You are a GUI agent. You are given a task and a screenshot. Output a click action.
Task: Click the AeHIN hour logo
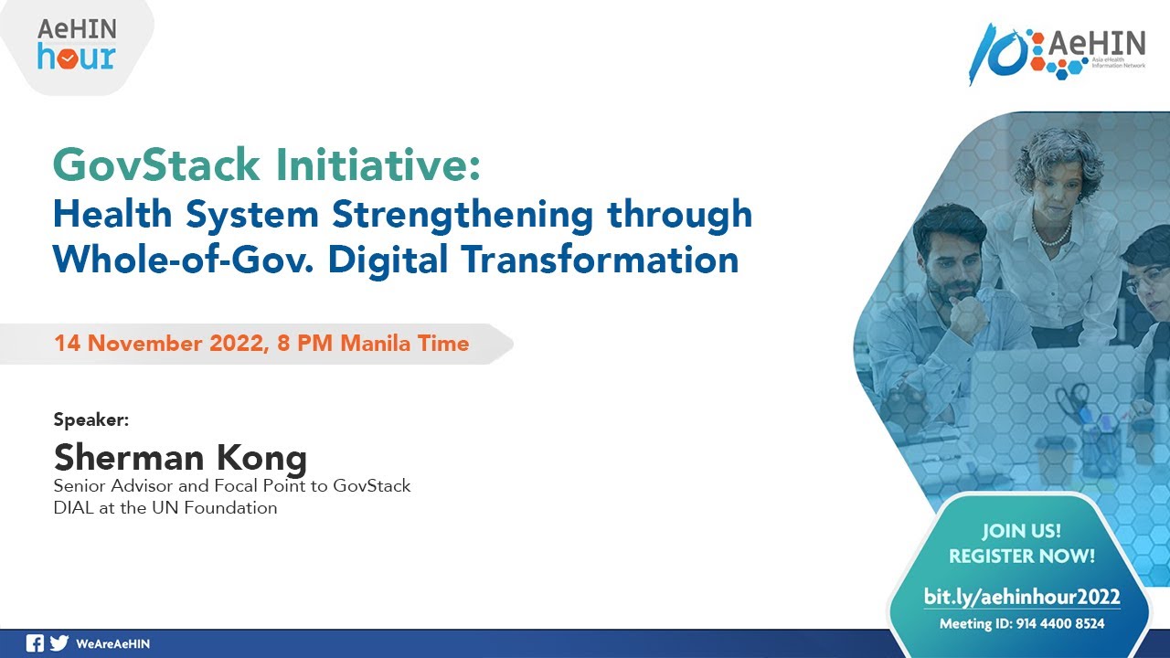click(76, 45)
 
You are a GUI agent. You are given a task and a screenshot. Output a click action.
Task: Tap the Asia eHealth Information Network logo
click(1058, 53)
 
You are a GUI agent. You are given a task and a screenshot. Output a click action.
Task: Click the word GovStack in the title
click(156, 165)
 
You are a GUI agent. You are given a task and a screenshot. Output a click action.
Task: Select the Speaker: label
click(91, 419)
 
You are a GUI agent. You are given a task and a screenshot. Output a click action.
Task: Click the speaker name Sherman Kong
click(180, 456)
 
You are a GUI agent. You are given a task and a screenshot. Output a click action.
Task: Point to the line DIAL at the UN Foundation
click(165, 508)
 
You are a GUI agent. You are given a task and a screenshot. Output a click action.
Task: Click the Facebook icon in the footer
click(35, 643)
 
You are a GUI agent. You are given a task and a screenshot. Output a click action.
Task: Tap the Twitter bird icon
click(59, 643)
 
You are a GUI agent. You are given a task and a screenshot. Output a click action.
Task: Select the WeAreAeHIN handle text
click(112, 644)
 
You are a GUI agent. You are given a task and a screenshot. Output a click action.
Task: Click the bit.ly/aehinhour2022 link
click(1021, 598)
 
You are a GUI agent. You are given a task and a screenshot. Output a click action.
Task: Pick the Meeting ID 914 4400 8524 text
click(1021, 624)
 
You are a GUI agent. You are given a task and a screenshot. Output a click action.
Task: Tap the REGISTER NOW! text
click(1021, 556)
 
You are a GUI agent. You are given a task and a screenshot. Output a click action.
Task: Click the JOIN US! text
click(1021, 531)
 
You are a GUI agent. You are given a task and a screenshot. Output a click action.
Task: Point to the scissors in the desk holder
click(1072, 402)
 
